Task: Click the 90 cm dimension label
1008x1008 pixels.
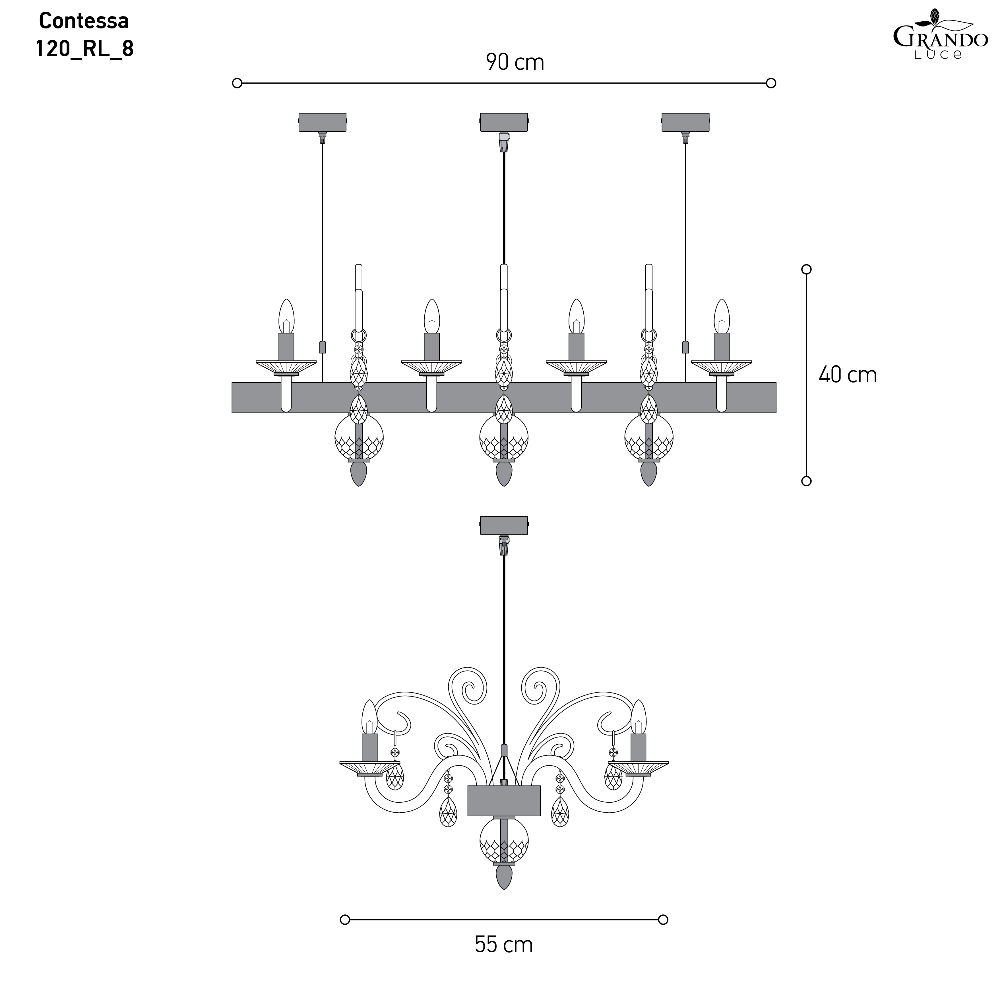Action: pos(515,62)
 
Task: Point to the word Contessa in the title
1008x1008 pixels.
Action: pos(84,21)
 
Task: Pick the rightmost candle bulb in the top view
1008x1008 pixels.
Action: pos(722,317)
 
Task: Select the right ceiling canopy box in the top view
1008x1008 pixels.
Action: pos(685,122)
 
